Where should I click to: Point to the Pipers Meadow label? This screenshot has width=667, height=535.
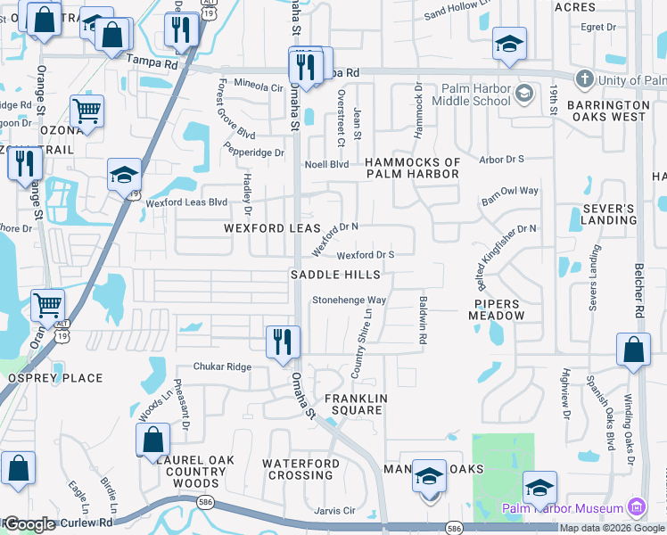(x=498, y=309)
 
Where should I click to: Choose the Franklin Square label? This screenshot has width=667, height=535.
(x=354, y=404)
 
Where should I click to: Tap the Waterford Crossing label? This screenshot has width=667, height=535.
(x=301, y=469)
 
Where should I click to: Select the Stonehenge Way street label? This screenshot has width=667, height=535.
(x=349, y=300)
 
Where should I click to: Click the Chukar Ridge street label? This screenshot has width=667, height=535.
(x=224, y=366)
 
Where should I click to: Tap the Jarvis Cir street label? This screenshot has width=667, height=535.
(x=336, y=511)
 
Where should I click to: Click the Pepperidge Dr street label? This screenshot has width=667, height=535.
(x=254, y=152)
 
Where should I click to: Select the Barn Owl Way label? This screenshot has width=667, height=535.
(x=510, y=191)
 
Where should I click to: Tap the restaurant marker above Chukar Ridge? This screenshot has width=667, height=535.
(x=284, y=342)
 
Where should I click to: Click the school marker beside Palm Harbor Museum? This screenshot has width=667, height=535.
(x=539, y=488)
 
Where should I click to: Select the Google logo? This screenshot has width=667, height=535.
(x=29, y=524)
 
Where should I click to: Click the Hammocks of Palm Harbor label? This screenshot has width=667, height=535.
(x=413, y=168)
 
